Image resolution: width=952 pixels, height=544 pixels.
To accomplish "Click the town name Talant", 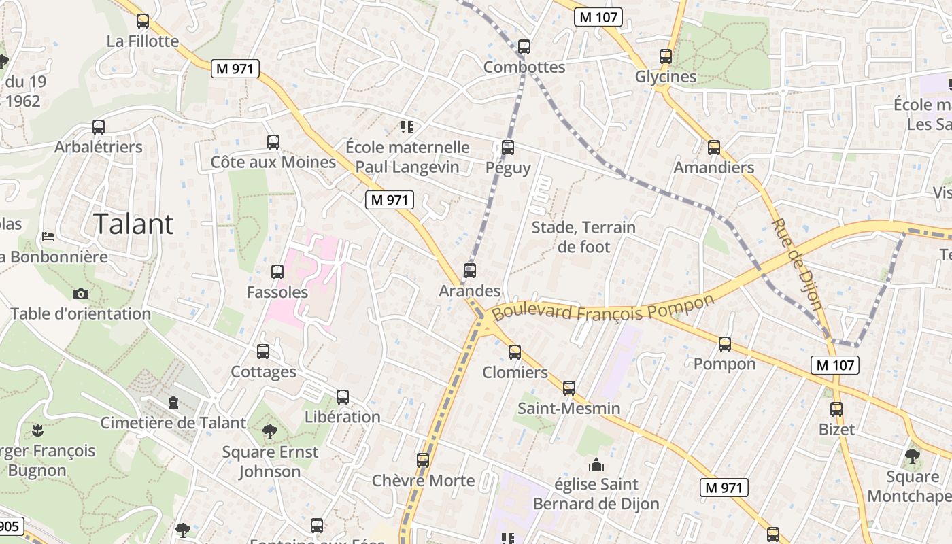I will [133, 224].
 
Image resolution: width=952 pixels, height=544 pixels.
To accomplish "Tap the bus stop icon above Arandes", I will [469, 271].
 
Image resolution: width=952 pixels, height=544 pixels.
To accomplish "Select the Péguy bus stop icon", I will [507, 148].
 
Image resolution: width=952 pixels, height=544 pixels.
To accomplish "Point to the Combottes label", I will [524, 67].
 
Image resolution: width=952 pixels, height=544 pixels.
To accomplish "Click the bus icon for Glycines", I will [665, 56].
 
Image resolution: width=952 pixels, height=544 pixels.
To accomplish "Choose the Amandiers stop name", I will [713, 167].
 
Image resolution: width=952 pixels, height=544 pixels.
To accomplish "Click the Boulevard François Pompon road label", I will [604, 307].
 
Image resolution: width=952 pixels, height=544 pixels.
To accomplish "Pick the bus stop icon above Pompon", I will [724, 344].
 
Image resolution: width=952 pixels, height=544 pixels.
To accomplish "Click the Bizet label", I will [836, 430].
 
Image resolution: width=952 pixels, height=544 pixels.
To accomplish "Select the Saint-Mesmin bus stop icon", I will [568, 388].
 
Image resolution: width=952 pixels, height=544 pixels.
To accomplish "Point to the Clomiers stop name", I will [515, 372].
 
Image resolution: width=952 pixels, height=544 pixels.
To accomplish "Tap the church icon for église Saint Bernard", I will [596, 465].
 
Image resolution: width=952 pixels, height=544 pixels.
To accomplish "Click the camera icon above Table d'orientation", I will [80, 294].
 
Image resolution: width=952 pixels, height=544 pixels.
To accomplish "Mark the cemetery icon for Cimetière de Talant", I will [173, 403].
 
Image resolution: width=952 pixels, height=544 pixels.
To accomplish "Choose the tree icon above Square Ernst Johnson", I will [269, 431].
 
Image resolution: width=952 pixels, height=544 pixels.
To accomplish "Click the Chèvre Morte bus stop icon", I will [423, 460].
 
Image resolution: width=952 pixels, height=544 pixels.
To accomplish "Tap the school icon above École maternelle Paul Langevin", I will [407, 126].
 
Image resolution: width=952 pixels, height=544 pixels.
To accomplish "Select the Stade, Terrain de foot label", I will [583, 237].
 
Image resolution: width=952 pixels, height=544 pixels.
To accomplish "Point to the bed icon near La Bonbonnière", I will [48, 237].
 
